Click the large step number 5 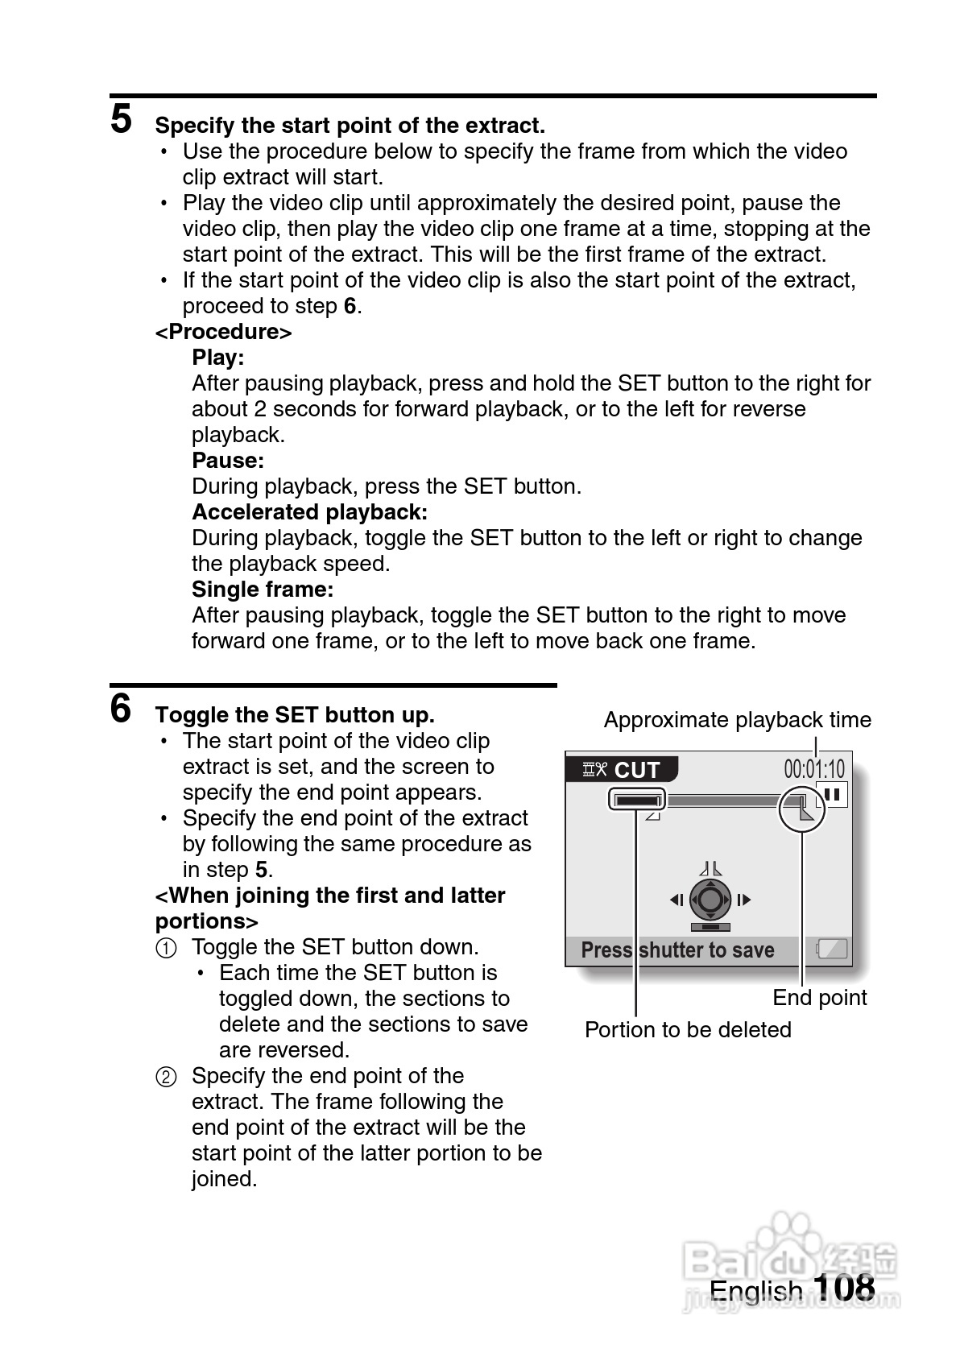pyautogui.click(x=121, y=119)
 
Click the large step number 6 pyautogui.click(x=121, y=709)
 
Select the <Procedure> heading pyautogui.click(x=223, y=332)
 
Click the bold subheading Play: pyautogui.click(x=217, y=358)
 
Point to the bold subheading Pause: pyautogui.click(x=228, y=461)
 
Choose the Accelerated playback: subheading pyautogui.click(x=309, y=512)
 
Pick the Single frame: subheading pyautogui.click(x=263, y=590)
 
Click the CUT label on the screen pyautogui.click(x=636, y=770)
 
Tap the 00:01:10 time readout pyautogui.click(x=814, y=768)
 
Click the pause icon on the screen pyautogui.click(x=832, y=795)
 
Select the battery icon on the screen pyautogui.click(x=832, y=949)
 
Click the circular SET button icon pyautogui.click(x=710, y=899)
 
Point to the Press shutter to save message pyautogui.click(x=677, y=950)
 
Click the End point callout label pyautogui.click(x=819, y=998)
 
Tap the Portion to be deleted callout pyautogui.click(x=688, y=1030)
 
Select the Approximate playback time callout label pyautogui.click(x=737, y=720)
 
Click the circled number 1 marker pyautogui.click(x=166, y=948)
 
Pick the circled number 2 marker pyautogui.click(x=166, y=1077)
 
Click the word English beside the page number pyautogui.click(x=756, y=1291)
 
